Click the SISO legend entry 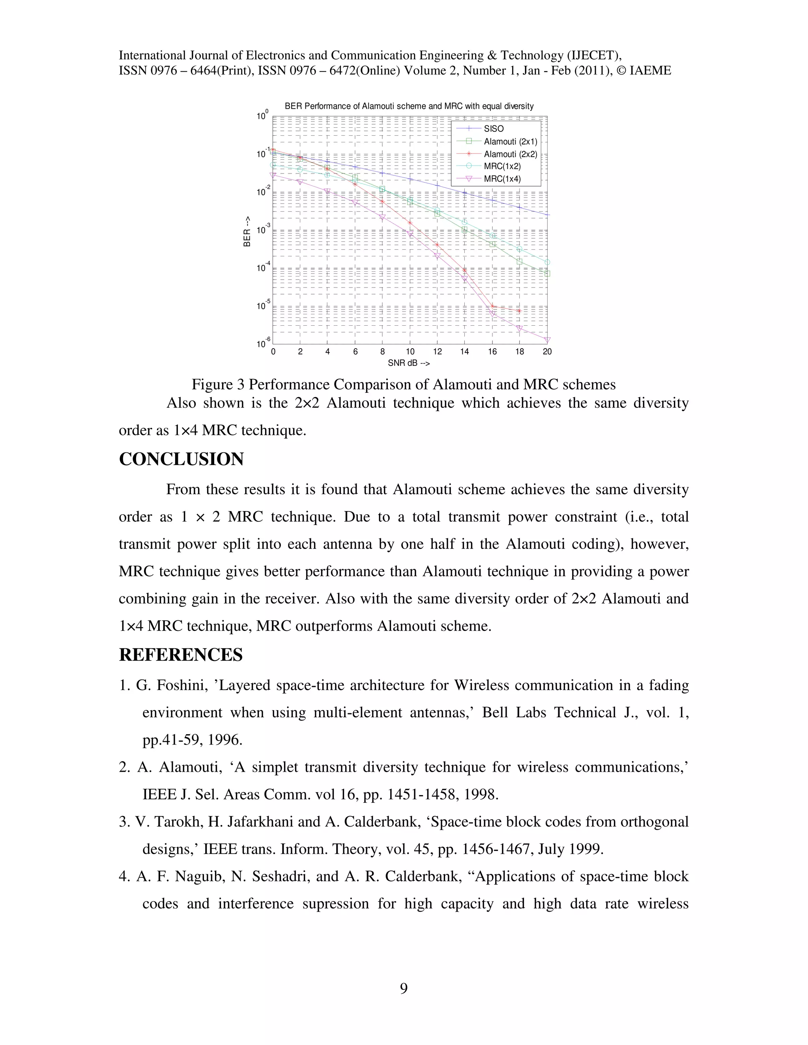(494, 129)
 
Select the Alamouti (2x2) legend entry (510, 154)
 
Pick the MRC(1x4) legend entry (502, 179)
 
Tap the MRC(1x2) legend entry (502, 166)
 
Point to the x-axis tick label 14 (464, 352)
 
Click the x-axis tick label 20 (547, 352)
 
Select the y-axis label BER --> (247, 231)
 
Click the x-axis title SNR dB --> (409, 363)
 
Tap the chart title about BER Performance (409, 106)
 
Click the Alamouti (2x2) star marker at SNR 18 (519, 311)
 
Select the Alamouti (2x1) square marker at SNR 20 (547, 274)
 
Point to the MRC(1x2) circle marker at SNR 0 (273, 165)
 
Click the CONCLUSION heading (181, 459)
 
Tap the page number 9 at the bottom (404, 988)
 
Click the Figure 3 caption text (404, 385)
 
